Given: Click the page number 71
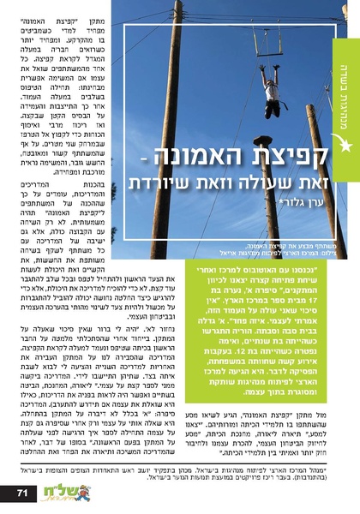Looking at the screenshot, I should pos(23,492).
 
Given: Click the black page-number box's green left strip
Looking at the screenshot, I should pos(5,492).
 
